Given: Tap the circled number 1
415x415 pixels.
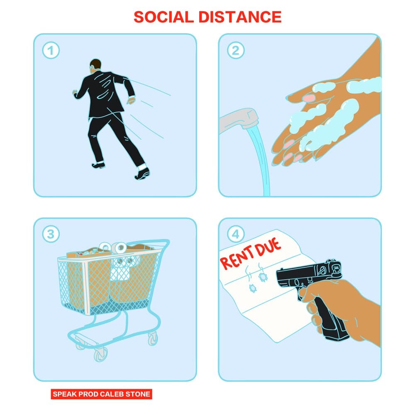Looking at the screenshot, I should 51,51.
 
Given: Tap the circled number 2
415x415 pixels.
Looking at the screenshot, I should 236,51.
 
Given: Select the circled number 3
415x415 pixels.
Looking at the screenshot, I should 51,234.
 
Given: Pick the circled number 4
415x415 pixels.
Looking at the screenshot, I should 236,234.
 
